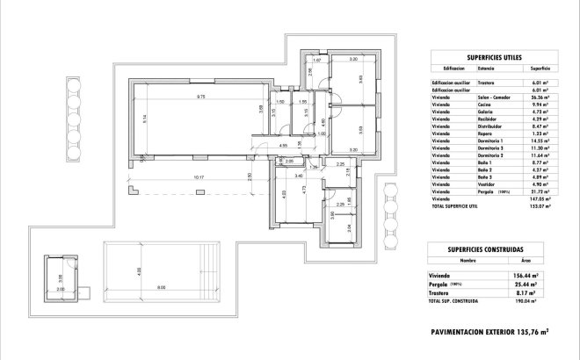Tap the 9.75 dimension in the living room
point(200,96)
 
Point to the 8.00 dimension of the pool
point(161,287)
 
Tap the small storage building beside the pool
point(65,279)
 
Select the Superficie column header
point(540,68)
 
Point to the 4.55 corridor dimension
point(283,144)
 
